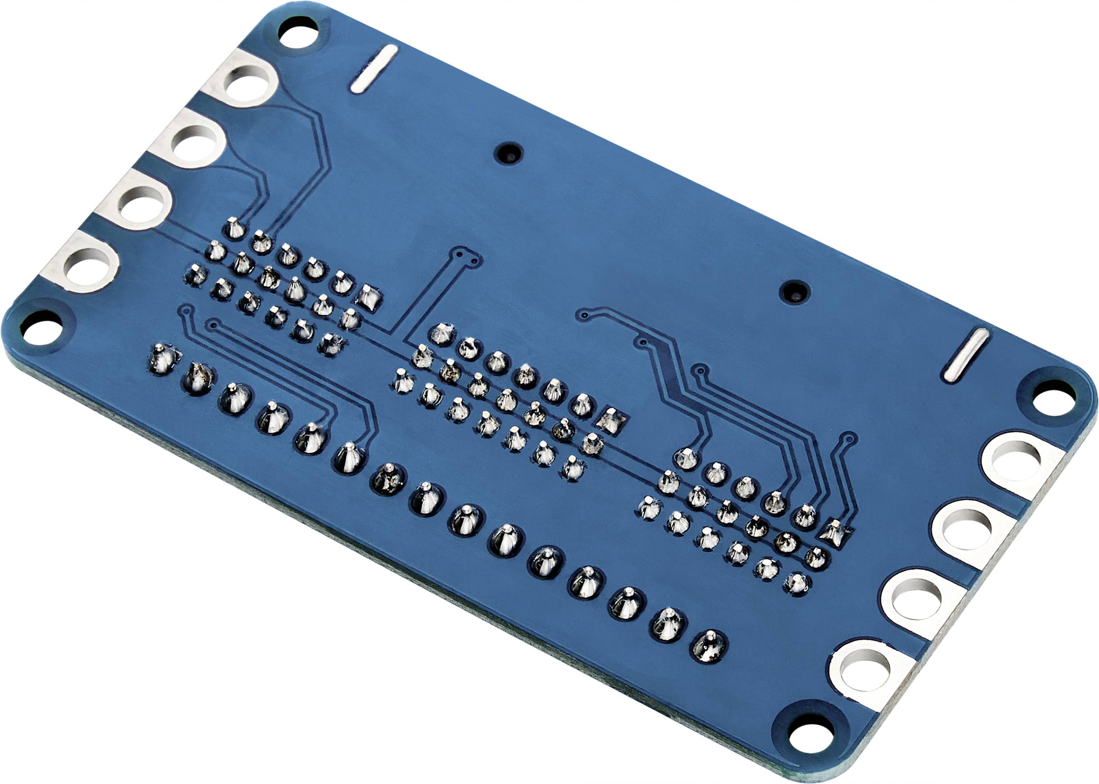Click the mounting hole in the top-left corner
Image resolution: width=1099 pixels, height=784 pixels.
click(x=298, y=32)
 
